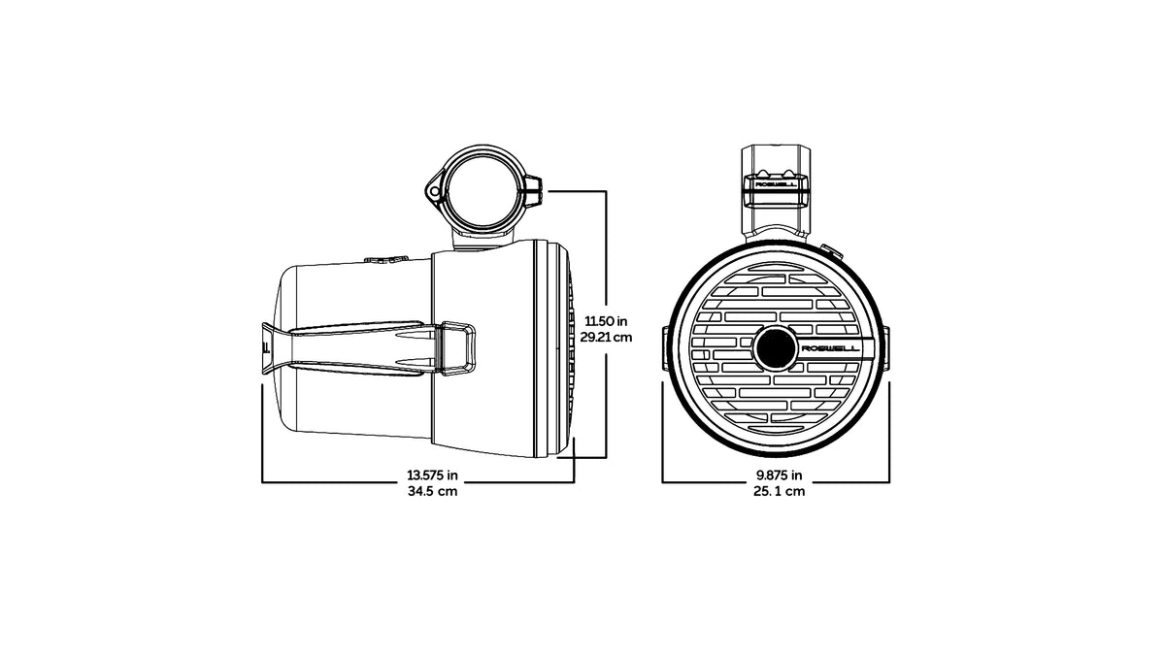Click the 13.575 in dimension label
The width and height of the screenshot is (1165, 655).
point(432,475)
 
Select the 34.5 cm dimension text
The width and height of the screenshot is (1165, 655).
point(432,491)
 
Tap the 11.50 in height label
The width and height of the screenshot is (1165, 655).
point(606,321)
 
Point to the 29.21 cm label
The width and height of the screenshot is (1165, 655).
point(606,338)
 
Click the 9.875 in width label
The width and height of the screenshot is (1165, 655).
point(779,475)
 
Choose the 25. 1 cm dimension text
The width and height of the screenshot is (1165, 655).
point(779,491)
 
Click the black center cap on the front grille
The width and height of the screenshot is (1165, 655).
point(776,348)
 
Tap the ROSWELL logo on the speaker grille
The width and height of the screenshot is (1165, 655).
point(830,348)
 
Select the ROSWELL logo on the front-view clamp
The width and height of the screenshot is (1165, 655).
point(775,184)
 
